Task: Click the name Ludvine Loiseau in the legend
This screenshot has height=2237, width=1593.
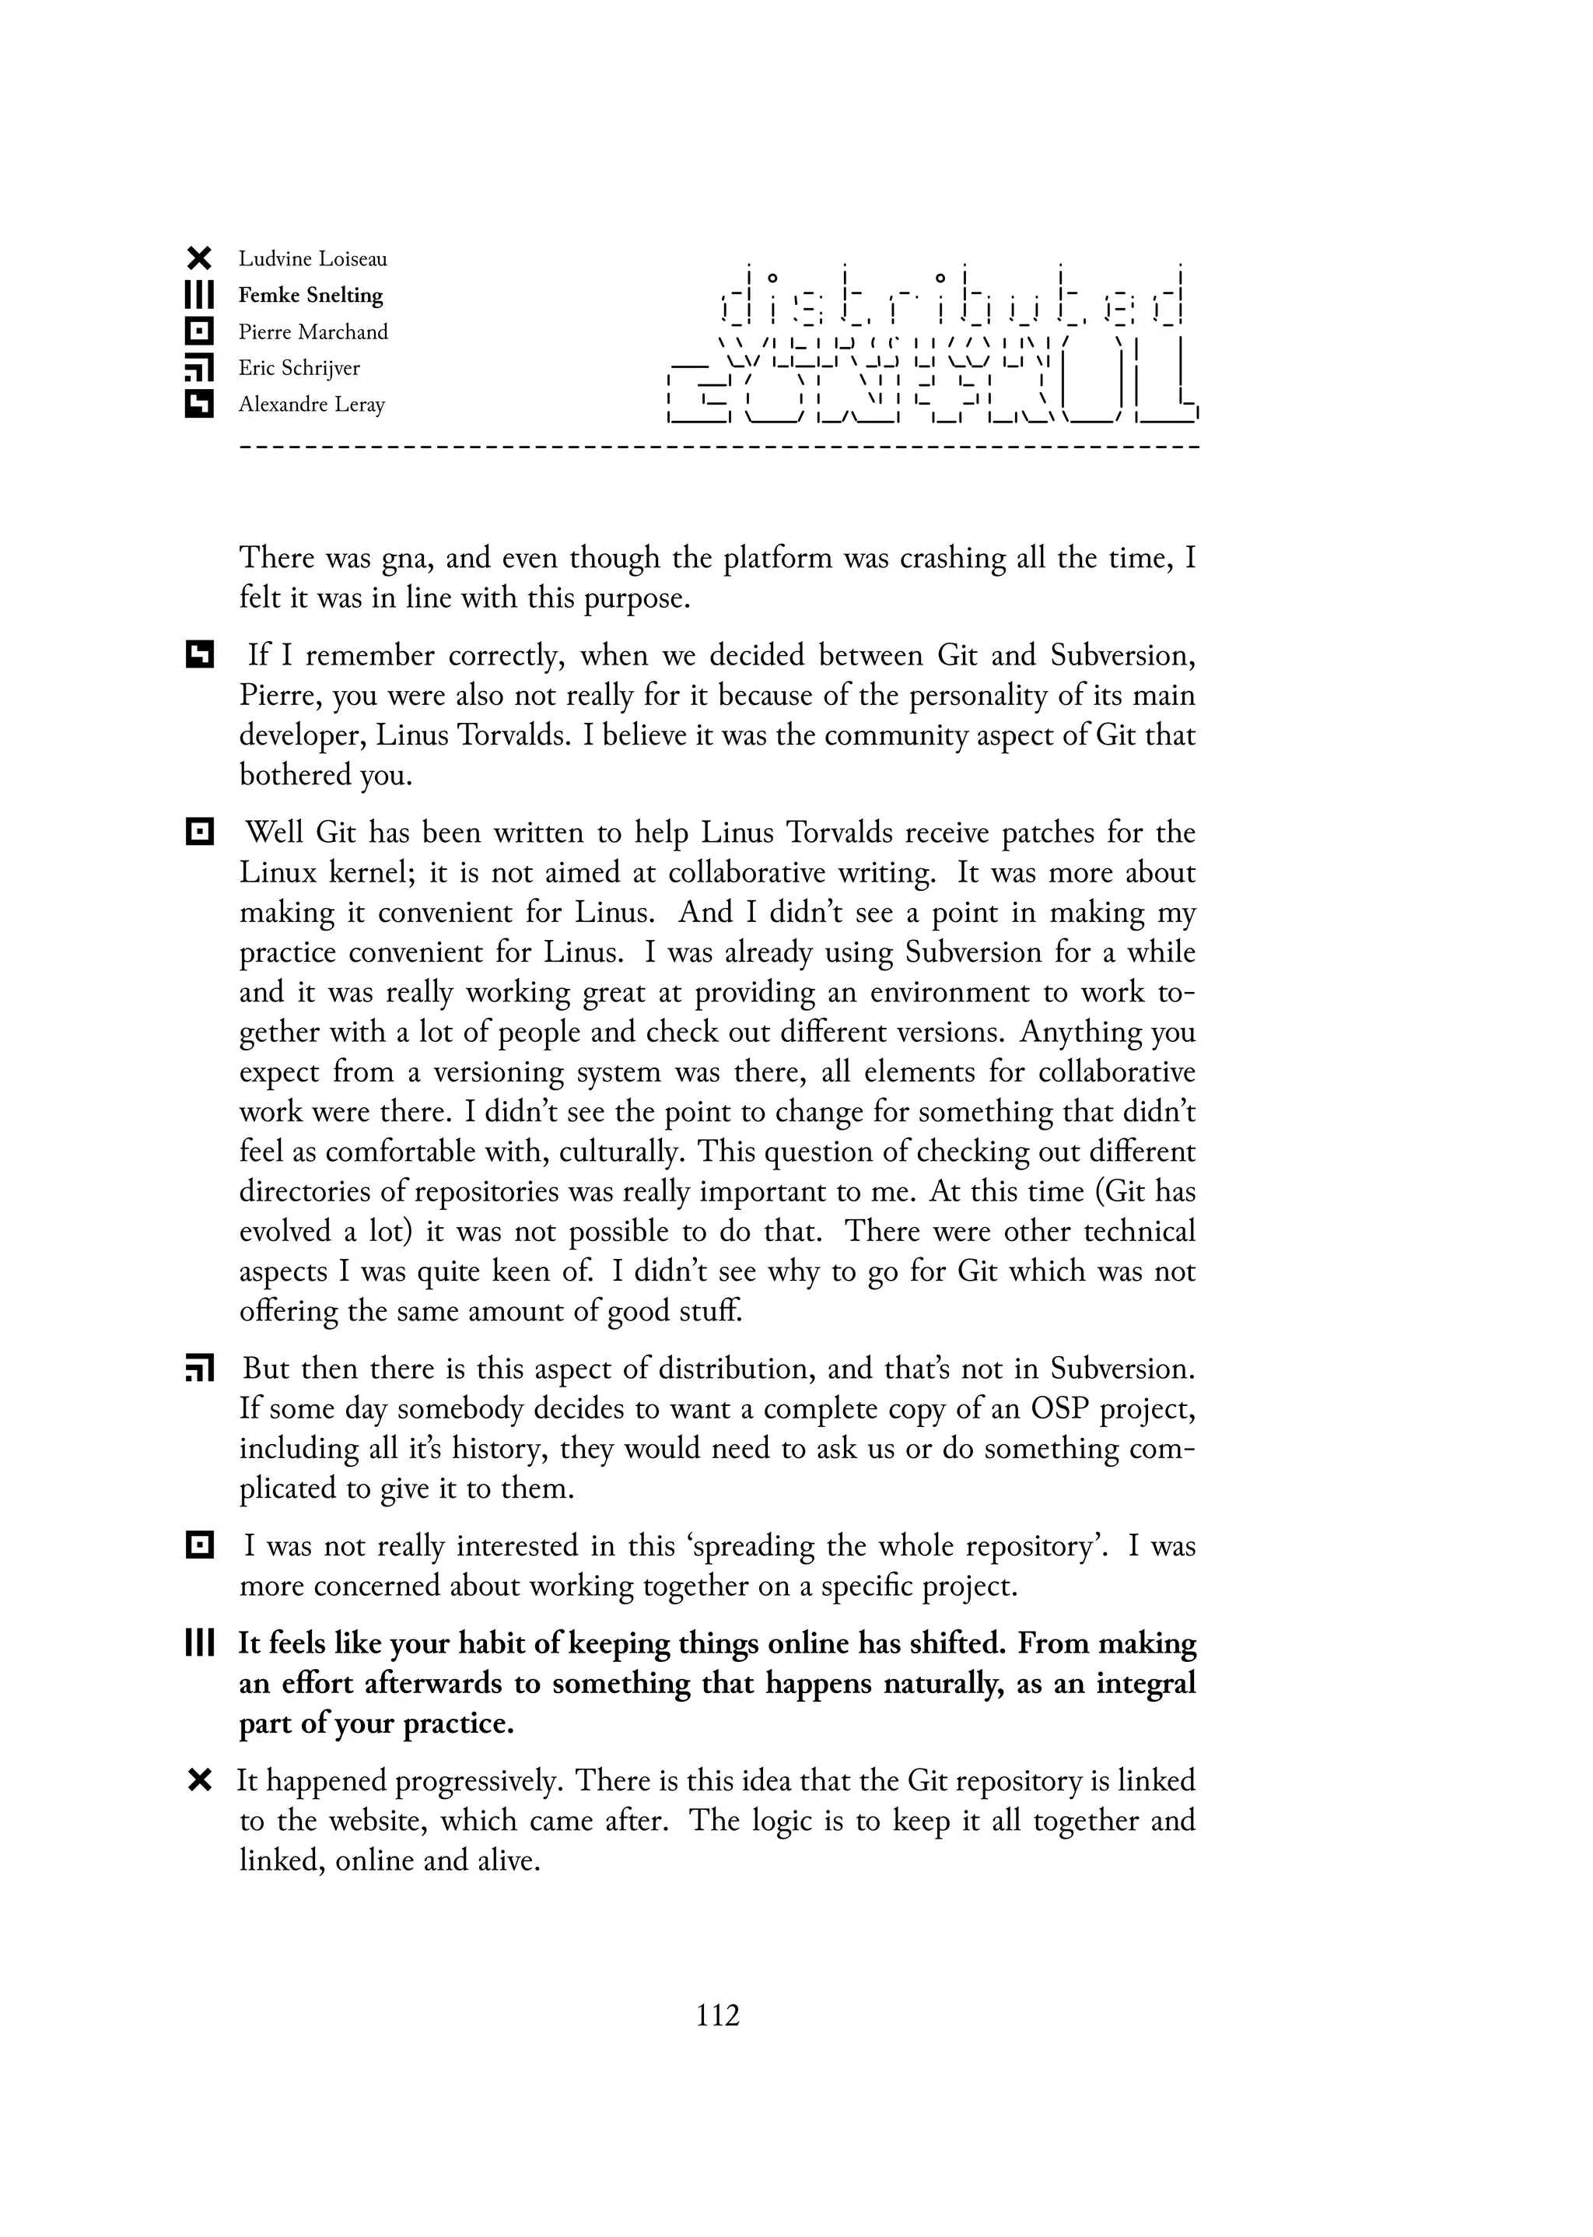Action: click(312, 259)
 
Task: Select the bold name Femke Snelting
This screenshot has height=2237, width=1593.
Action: click(310, 296)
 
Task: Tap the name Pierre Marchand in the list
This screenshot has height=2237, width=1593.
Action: click(313, 331)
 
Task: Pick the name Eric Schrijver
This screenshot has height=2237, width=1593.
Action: click(299, 368)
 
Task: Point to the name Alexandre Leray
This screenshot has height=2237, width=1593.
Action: click(311, 405)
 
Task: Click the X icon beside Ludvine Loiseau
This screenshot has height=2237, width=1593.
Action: click(198, 259)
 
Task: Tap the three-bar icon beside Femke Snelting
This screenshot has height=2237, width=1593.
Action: click(198, 296)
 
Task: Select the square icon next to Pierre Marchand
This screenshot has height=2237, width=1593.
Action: click(198, 331)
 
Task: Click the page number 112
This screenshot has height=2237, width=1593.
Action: click(717, 2015)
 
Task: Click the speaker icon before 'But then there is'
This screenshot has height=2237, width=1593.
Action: click(198, 1369)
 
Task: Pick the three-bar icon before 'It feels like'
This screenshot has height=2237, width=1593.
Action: click(198, 1643)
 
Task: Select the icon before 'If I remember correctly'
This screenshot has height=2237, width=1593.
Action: click(198, 654)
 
